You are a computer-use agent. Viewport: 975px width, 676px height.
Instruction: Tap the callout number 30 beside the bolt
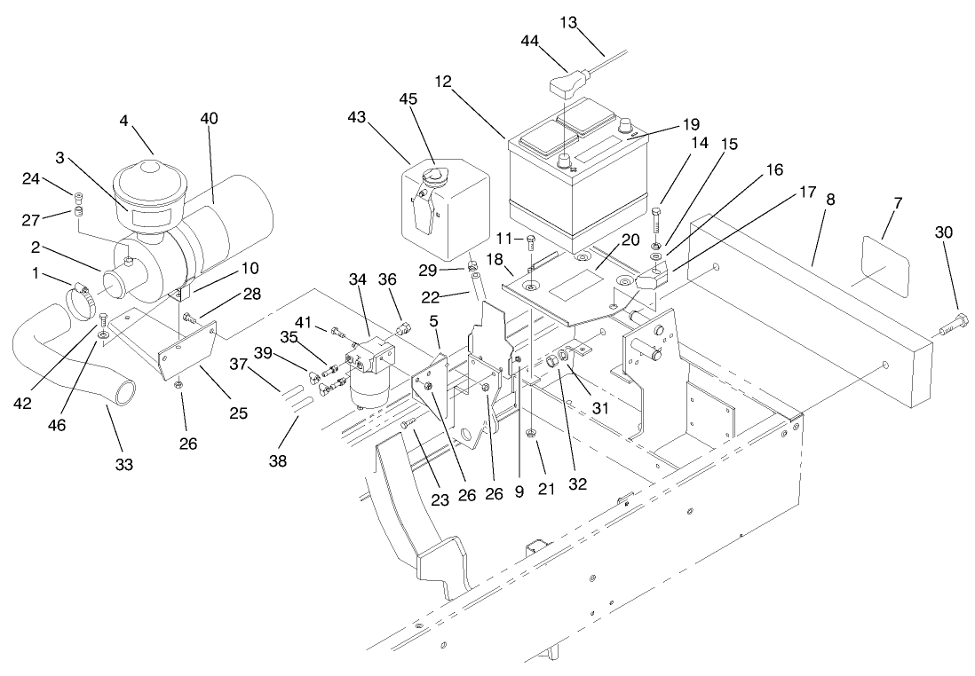tap(944, 232)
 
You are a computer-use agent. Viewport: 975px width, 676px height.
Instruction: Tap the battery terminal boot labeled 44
tap(566, 87)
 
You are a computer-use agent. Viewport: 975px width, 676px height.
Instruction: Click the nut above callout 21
tap(530, 433)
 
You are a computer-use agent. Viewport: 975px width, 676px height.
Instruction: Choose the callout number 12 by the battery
tap(444, 82)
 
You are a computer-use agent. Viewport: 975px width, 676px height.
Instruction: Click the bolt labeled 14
tap(655, 222)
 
